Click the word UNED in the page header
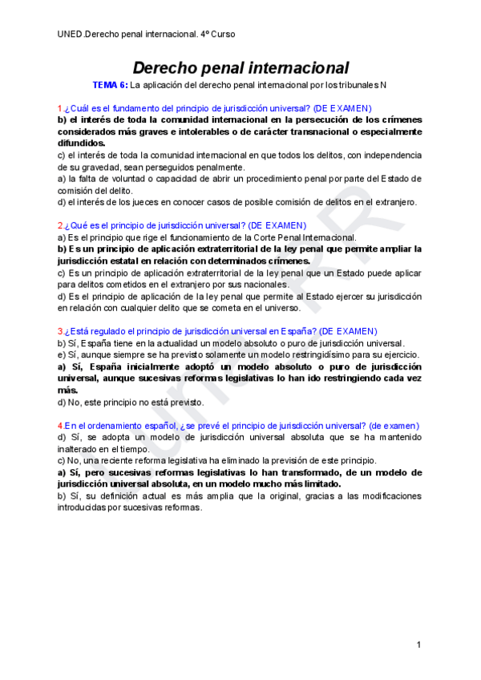[x=70, y=34]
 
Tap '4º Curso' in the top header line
[x=216, y=34]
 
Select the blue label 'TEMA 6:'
[x=110, y=85]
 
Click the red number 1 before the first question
[x=59, y=108]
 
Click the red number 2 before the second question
[x=59, y=225]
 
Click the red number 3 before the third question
[x=59, y=331]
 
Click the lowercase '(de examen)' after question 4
[x=394, y=425]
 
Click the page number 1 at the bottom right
[x=418, y=646]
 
